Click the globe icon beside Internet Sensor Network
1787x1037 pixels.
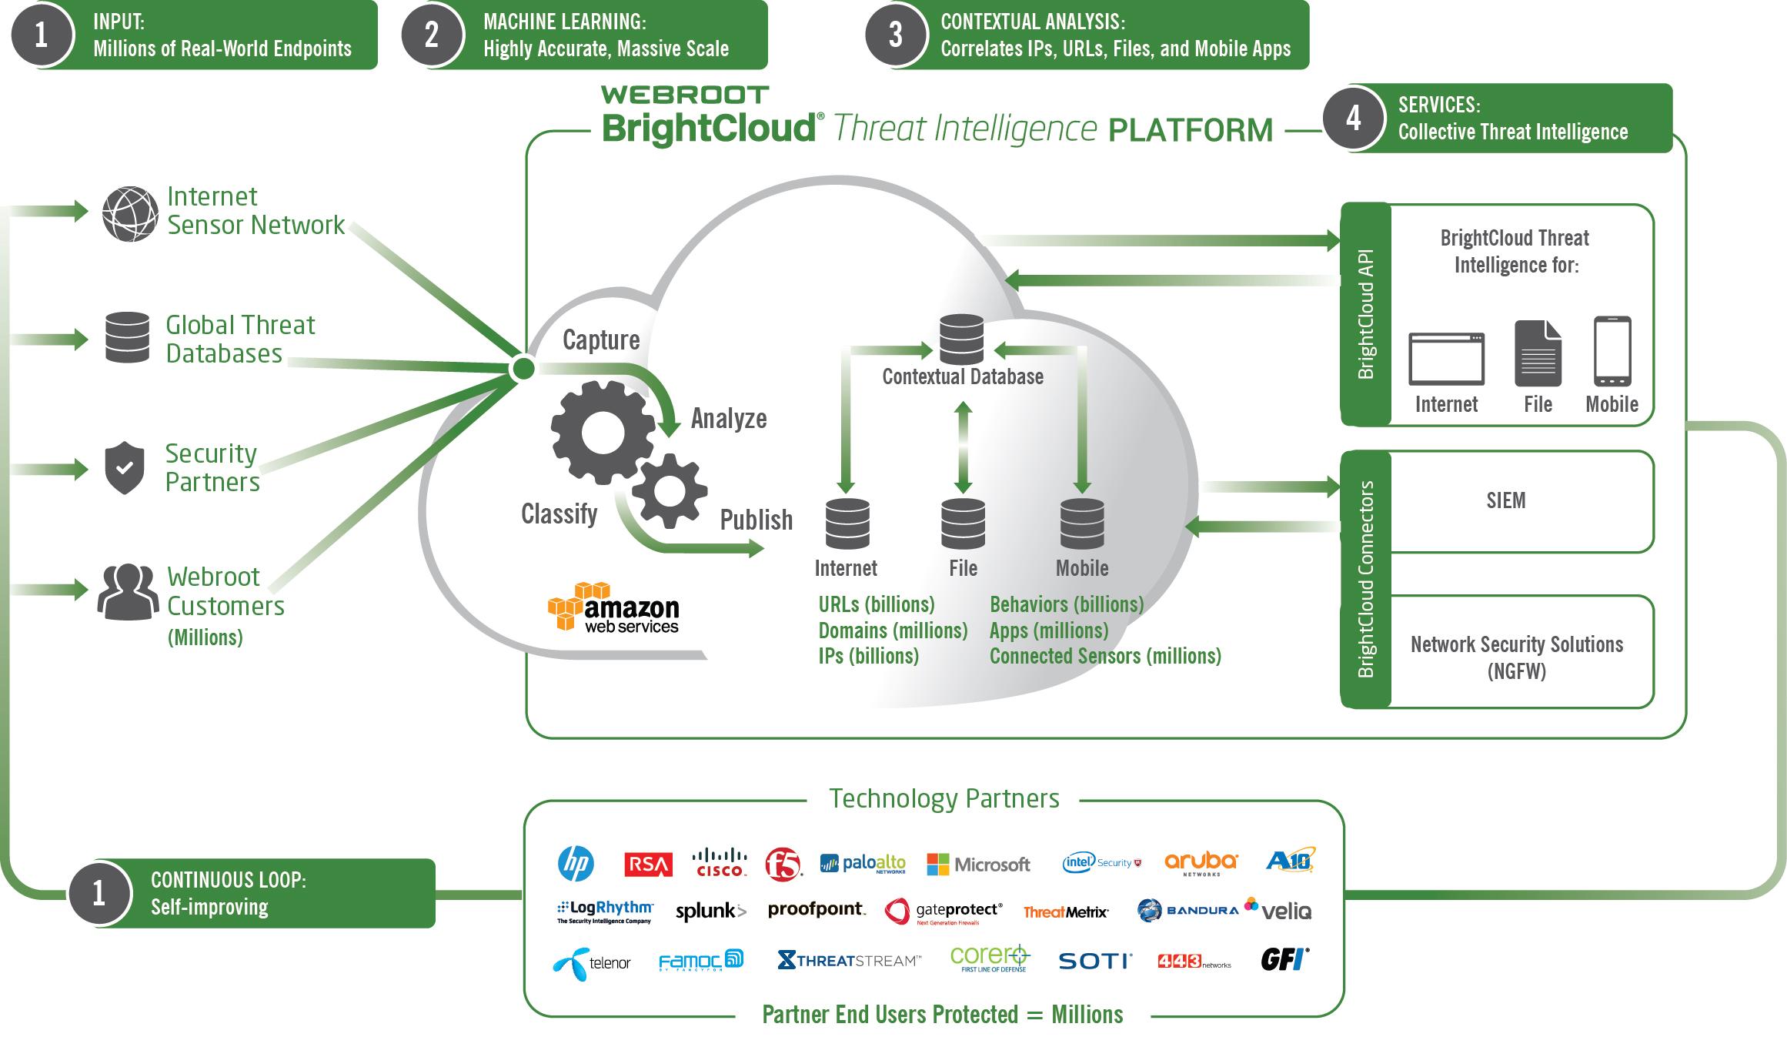131,213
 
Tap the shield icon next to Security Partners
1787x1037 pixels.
125,467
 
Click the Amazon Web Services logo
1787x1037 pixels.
613,608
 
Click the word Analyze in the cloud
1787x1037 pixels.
729,419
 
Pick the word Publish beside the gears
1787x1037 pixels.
756,520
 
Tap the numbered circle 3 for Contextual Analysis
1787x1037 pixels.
895,35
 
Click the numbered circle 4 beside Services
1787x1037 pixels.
1353,119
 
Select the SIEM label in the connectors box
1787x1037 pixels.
1505,501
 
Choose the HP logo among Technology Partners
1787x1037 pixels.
576,863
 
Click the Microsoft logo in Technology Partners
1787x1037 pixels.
978,864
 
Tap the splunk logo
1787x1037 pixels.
710,912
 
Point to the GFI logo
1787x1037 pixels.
1284,959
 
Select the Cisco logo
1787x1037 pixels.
720,863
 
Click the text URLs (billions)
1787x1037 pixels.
877,604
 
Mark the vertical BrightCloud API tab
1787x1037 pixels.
1366,314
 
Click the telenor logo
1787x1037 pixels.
592,962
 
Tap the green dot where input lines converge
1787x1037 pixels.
523,369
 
